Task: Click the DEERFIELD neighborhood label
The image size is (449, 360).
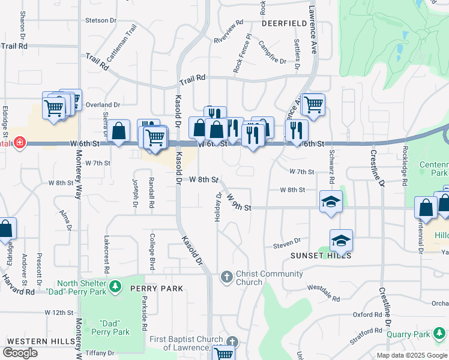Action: coord(284,23)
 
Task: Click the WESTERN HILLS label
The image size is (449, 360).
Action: coord(29,341)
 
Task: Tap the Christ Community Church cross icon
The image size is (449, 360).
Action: coord(227,277)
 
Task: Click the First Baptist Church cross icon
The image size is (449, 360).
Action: coord(232,343)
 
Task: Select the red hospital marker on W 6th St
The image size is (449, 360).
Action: coord(19,143)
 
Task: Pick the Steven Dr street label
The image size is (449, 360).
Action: coord(286,242)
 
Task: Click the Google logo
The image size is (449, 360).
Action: coord(20,353)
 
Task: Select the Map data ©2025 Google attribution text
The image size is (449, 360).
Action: coord(412,355)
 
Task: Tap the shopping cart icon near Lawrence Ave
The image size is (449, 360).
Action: coord(313,104)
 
